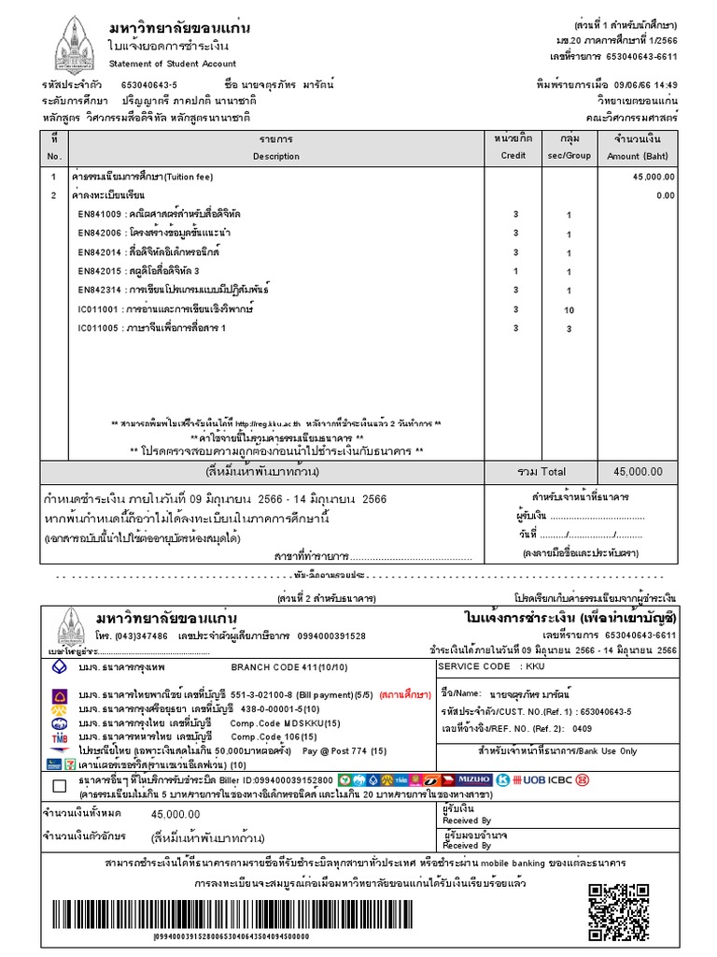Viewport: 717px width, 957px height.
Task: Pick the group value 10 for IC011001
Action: (x=569, y=309)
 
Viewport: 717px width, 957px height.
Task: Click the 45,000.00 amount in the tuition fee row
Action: (x=653, y=176)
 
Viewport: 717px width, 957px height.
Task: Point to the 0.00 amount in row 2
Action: (x=665, y=195)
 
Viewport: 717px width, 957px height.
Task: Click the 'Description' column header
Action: (x=275, y=156)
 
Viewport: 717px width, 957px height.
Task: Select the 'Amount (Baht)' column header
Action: (x=637, y=156)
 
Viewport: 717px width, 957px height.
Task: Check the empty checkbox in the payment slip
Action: (x=60, y=784)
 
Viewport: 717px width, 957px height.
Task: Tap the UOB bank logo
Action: (x=533, y=778)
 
